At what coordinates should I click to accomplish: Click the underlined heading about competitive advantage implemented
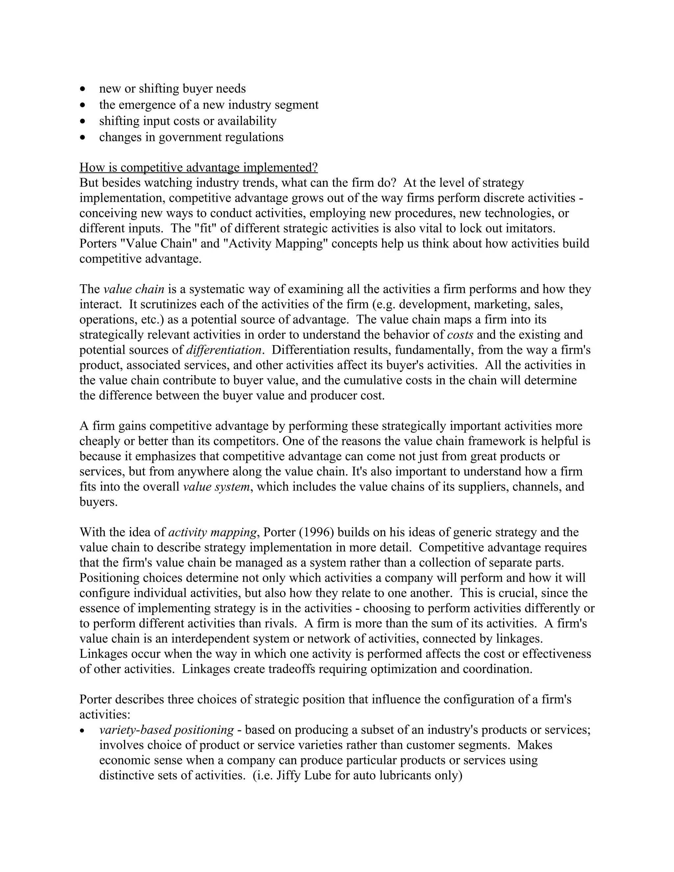[198, 167]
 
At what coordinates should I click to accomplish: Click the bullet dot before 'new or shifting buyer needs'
[83, 89]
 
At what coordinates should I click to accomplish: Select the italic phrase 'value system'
[216, 487]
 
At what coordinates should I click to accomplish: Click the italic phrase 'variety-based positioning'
[166, 730]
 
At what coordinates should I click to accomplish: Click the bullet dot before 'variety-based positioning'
[83, 731]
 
